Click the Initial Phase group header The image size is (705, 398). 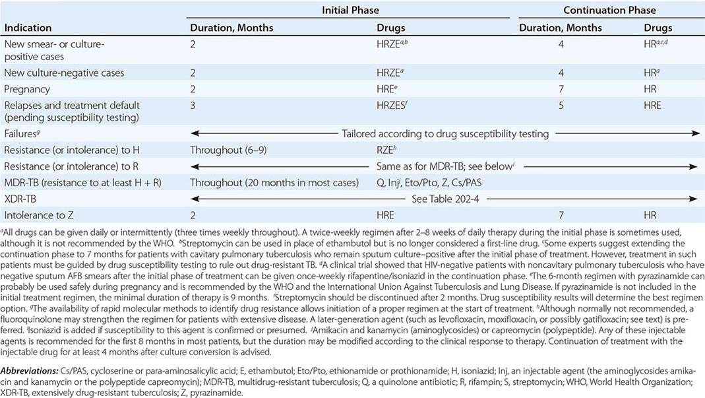(350, 11)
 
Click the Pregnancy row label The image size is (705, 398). (28, 88)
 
